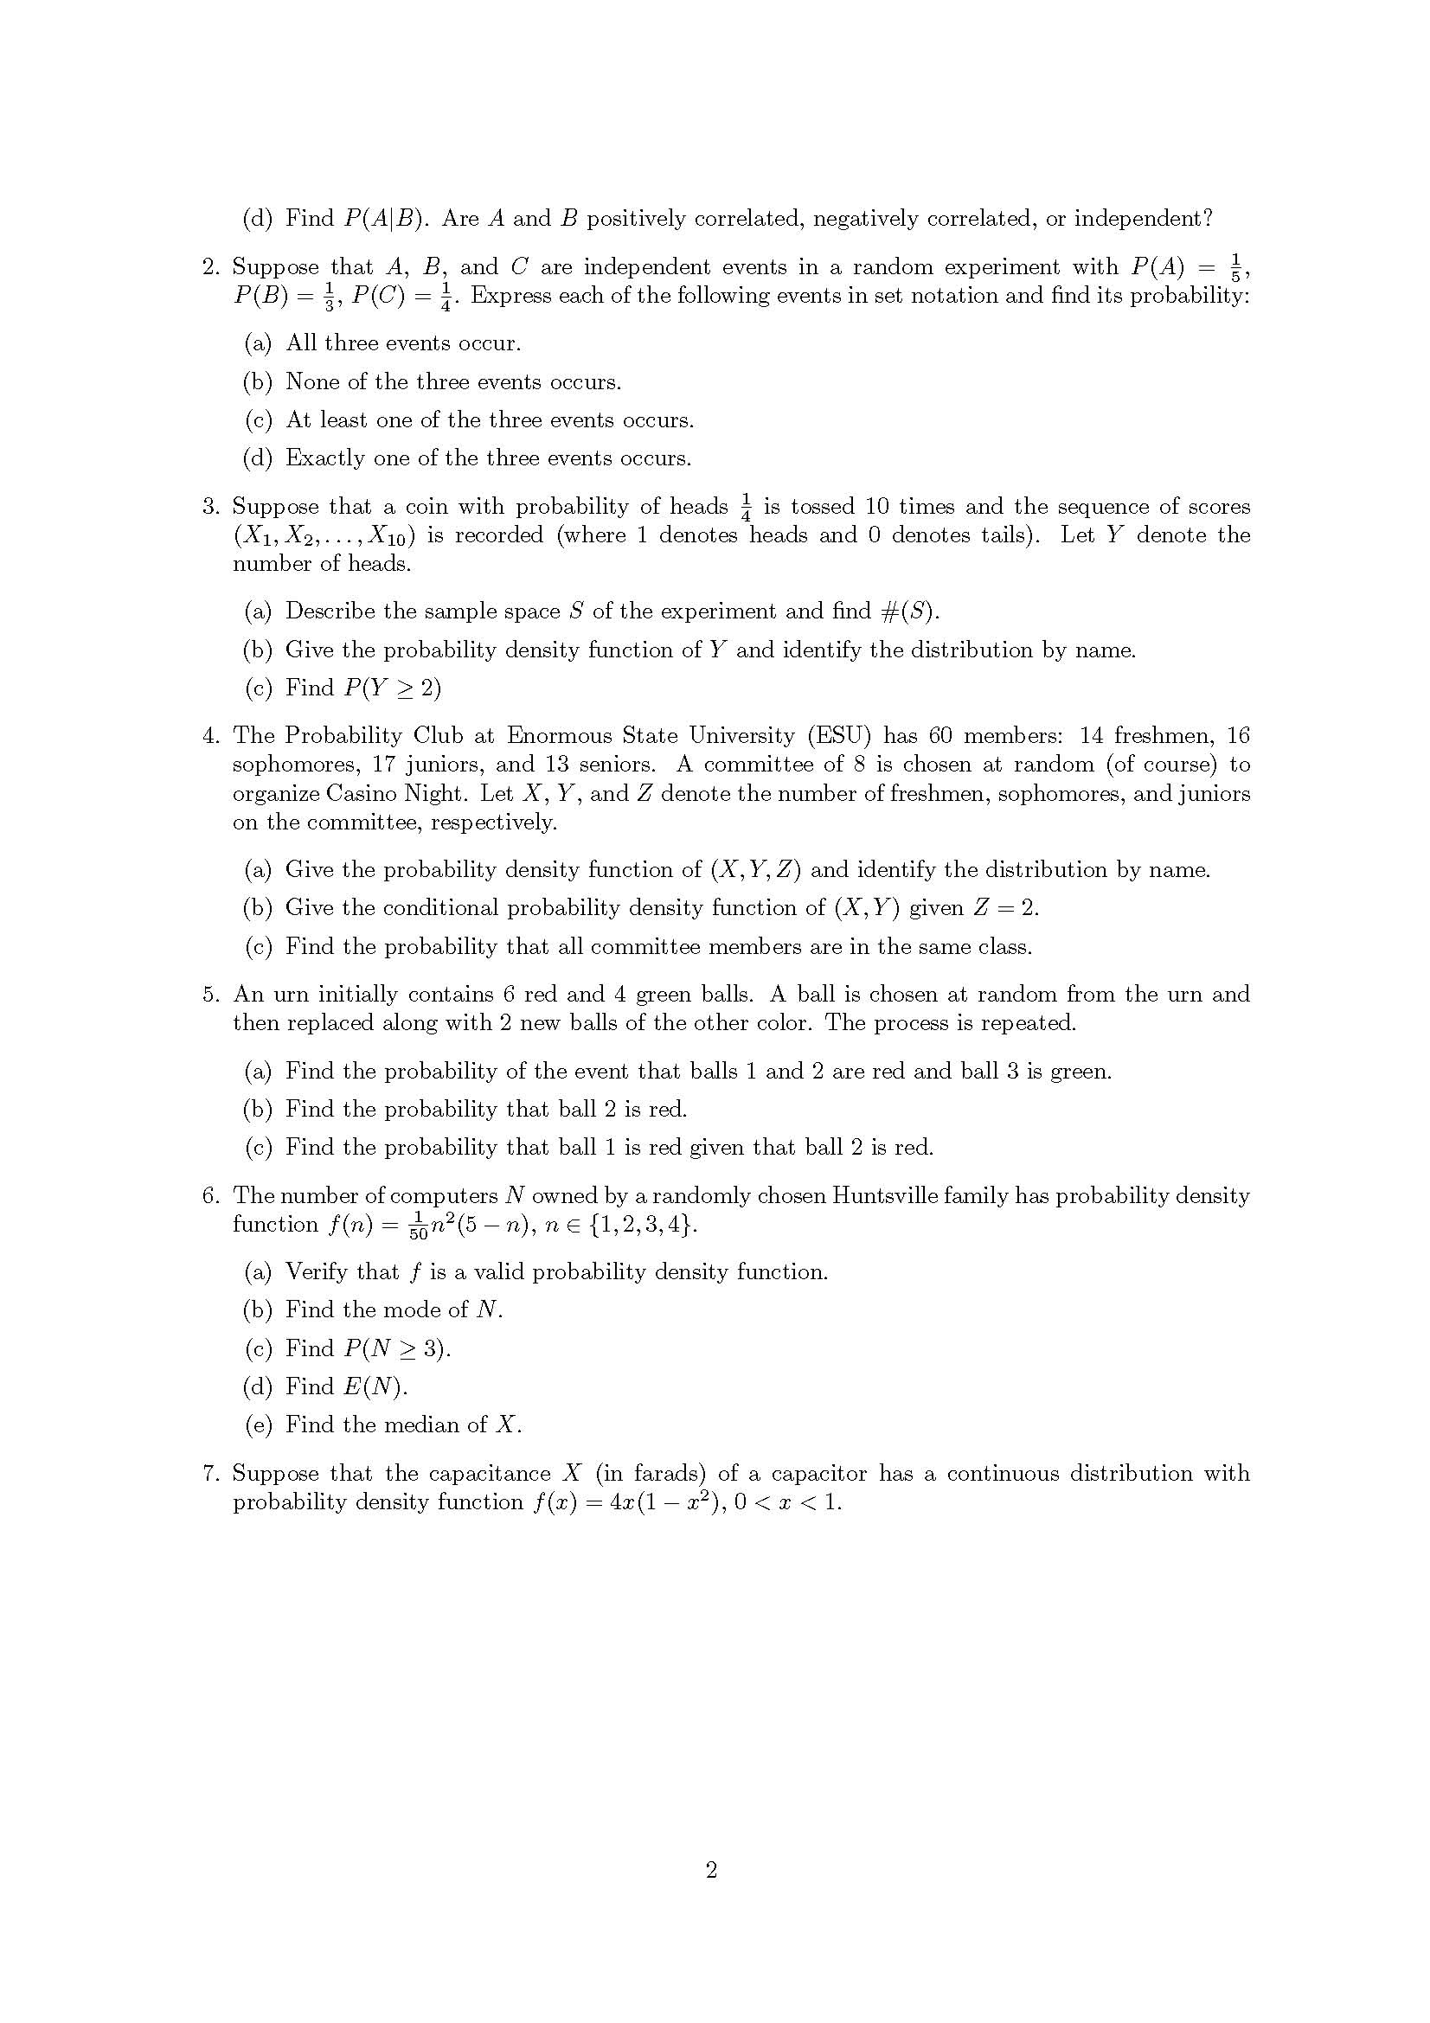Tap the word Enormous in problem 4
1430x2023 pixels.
pos(559,736)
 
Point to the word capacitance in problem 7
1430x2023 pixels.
pos(490,1473)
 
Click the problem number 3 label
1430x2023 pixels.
pos(210,507)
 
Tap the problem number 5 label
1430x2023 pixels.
pos(210,995)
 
